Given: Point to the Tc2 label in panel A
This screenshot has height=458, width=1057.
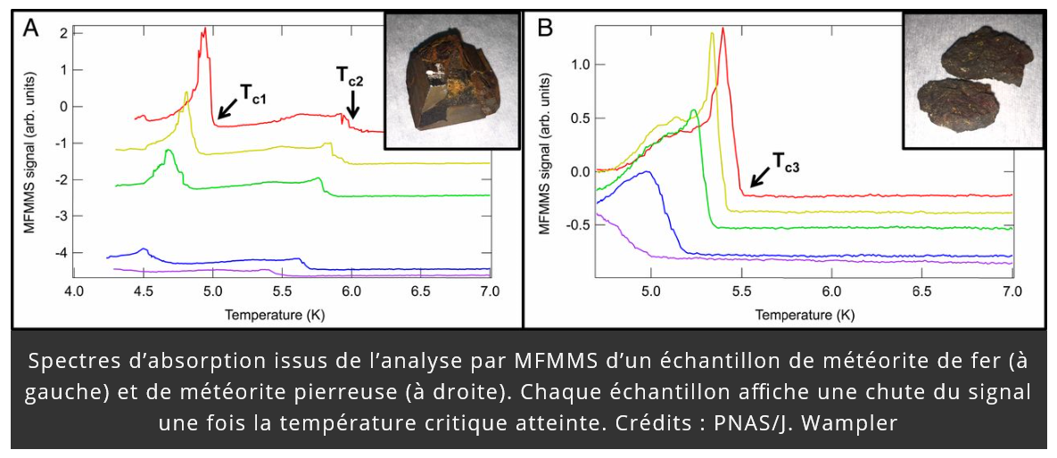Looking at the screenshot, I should point(350,77).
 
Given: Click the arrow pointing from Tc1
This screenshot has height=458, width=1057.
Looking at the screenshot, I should point(227,106).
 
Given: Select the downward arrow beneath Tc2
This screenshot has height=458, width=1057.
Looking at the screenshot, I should point(352,106).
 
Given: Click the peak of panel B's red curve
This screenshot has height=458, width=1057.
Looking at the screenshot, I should point(723,29).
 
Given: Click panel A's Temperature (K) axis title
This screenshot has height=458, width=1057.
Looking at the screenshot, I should point(279,314).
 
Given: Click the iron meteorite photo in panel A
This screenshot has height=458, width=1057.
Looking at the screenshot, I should point(451,80).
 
